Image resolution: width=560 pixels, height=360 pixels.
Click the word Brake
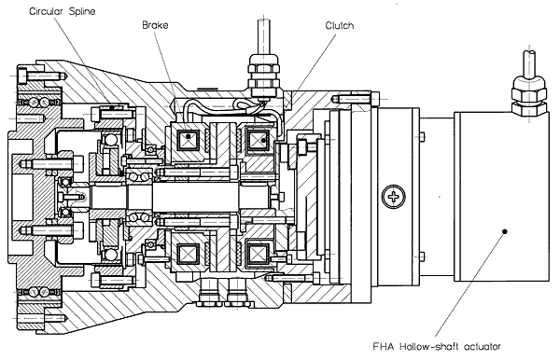(155, 25)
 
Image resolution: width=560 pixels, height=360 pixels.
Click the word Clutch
(340, 26)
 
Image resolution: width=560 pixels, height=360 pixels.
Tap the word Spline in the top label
(82, 12)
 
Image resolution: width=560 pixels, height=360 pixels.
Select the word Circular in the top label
(46, 11)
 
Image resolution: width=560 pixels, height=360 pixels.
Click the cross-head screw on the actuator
(394, 197)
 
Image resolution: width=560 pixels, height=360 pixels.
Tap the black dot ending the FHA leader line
(505, 231)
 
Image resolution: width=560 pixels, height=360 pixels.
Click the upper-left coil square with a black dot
(188, 137)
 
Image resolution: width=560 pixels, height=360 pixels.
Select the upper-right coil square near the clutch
(258, 141)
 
